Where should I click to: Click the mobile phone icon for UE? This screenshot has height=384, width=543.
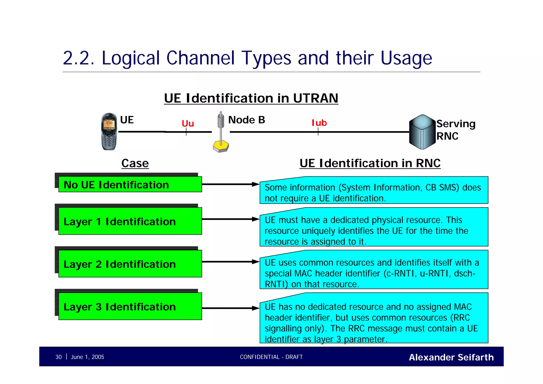[x=109, y=131]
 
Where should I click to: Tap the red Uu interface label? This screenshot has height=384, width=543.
[x=188, y=123]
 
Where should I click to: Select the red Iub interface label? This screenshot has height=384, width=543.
[x=319, y=123]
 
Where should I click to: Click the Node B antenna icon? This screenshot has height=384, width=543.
[x=221, y=132]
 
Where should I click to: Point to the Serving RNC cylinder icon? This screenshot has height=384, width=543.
[x=422, y=132]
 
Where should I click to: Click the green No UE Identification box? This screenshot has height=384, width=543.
[x=130, y=184]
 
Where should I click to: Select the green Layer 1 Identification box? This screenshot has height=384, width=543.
[x=130, y=221]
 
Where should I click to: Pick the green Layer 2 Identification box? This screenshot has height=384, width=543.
[x=130, y=264]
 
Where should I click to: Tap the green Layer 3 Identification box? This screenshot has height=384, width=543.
[x=130, y=307]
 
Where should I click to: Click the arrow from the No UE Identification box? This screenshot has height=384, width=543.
[x=230, y=184]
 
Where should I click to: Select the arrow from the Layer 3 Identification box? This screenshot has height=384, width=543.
[x=230, y=308]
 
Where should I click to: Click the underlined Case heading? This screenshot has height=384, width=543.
[x=135, y=163]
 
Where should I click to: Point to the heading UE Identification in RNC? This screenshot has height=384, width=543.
[x=370, y=163]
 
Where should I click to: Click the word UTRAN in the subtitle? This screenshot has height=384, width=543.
[x=315, y=98]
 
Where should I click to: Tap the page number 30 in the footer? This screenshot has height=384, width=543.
[x=58, y=357]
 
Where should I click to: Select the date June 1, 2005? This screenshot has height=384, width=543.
[x=87, y=357]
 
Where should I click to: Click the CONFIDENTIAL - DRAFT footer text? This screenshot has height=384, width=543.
[x=271, y=357]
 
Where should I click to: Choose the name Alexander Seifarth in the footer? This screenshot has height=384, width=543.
[x=451, y=357]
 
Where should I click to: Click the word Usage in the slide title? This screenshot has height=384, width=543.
[x=406, y=58]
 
